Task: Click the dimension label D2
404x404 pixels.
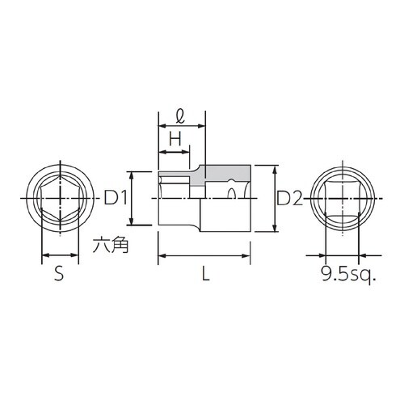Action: (x=288, y=198)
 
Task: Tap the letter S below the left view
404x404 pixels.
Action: (x=58, y=274)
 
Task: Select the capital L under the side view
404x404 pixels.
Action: (x=205, y=274)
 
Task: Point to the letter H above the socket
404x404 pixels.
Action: (x=174, y=139)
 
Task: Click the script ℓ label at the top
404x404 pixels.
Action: (x=181, y=116)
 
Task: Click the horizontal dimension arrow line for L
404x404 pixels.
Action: (x=205, y=256)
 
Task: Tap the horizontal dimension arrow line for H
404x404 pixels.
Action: (x=174, y=151)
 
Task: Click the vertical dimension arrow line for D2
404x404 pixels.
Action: (x=276, y=198)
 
